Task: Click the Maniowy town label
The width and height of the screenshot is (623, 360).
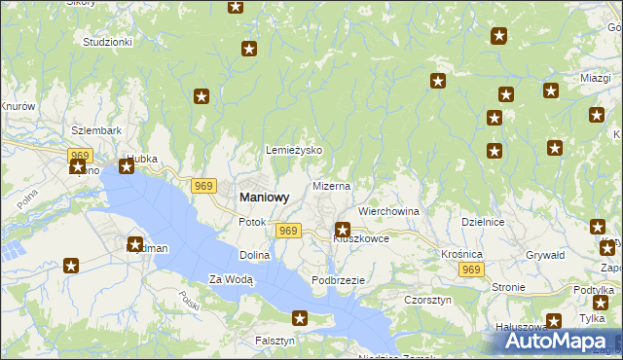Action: (264, 197)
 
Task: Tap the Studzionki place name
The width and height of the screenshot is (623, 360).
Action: (107, 43)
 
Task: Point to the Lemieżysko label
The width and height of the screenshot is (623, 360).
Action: (294, 151)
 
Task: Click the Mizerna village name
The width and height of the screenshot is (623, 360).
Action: (331, 185)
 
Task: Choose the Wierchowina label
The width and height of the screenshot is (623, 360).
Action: (388, 210)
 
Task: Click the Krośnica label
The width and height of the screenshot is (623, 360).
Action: (461, 253)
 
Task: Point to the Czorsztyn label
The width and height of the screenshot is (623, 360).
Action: (427, 301)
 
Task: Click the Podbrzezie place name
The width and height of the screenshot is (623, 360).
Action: (338, 280)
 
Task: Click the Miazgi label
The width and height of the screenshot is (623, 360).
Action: (594, 78)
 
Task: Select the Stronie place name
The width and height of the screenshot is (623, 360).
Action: (508, 287)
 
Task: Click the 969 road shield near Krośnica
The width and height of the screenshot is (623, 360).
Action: (472, 270)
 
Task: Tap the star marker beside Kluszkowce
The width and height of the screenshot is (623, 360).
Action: (343, 231)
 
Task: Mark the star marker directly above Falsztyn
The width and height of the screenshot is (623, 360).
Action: (300, 318)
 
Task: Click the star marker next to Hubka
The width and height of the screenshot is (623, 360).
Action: (127, 166)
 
